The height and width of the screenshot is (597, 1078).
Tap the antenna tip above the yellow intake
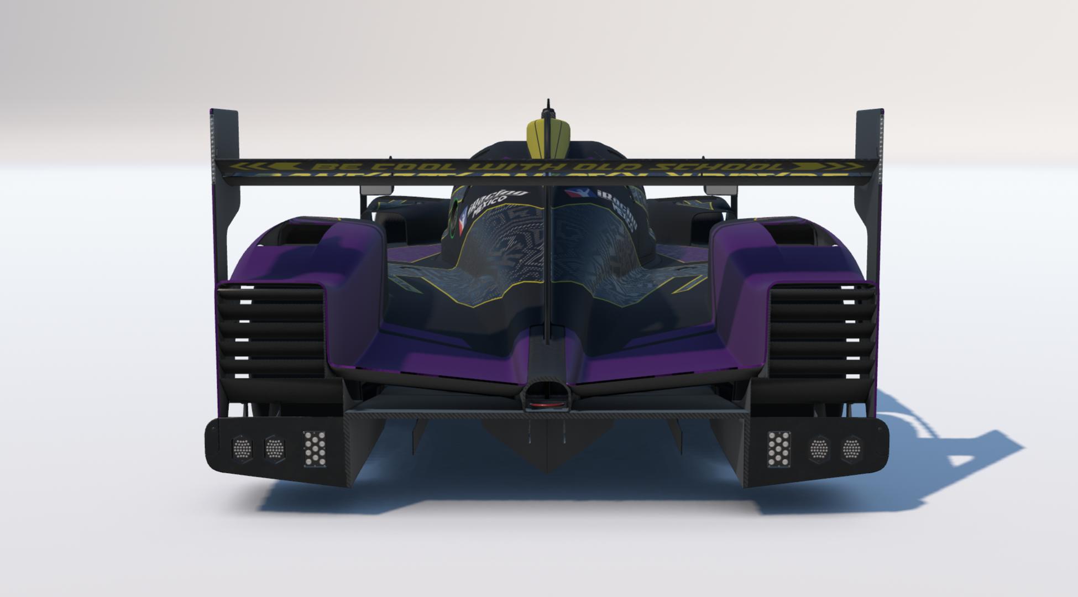pos(548,102)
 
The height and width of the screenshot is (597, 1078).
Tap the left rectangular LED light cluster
pos(314,448)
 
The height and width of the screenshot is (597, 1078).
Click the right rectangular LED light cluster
pos(778,448)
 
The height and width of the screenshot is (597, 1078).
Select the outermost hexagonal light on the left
pos(242,447)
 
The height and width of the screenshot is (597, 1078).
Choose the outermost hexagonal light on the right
pos(851,448)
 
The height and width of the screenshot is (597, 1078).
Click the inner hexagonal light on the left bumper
pos(275,447)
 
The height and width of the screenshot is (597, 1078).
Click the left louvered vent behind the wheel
pos(271,332)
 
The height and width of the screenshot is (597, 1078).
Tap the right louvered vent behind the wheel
pos(822,332)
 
